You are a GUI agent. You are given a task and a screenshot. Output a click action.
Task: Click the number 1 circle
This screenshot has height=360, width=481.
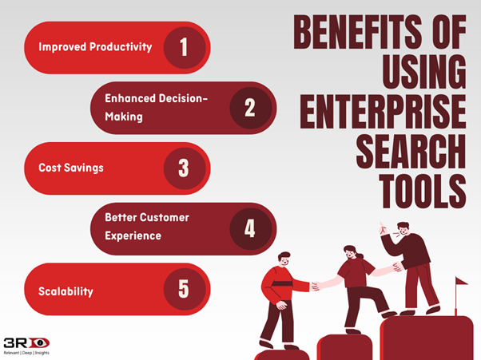(x=185, y=47)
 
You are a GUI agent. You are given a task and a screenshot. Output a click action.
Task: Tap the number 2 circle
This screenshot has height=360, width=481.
(x=251, y=108)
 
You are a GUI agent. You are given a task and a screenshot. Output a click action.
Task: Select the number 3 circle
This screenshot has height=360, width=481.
(x=185, y=168)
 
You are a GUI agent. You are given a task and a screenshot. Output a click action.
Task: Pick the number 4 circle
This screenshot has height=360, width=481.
(x=251, y=228)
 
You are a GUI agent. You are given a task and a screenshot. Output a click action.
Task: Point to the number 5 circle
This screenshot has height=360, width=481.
(x=185, y=289)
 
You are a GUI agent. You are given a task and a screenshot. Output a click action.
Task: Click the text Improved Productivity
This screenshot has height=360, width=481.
(x=95, y=47)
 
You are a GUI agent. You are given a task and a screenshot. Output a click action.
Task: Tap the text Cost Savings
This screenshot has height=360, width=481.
(x=71, y=168)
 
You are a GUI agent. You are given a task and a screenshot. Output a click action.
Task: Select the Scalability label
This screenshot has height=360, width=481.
(x=66, y=291)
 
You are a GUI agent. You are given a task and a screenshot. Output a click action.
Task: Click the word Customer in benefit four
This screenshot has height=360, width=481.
(x=165, y=218)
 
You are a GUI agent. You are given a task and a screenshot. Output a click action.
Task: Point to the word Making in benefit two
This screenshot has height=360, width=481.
(x=124, y=117)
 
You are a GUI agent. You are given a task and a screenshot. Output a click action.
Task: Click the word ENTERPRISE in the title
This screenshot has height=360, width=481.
(x=383, y=112)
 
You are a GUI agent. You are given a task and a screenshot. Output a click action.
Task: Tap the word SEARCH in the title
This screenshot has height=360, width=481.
(x=411, y=152)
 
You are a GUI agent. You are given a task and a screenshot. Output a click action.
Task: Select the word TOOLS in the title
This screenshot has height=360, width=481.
(x=423, y=192)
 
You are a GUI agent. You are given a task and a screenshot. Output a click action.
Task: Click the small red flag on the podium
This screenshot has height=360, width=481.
(x=461, y=281)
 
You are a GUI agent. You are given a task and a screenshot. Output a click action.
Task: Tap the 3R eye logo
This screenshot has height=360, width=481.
(x=26, y=342)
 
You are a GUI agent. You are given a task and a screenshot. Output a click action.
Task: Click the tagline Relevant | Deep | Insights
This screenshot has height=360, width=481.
(x=26, y=353)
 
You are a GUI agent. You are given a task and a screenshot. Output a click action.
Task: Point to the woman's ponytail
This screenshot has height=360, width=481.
(x=360, y=255)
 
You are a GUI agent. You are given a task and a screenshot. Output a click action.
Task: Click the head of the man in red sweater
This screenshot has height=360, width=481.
(x=284, y=259)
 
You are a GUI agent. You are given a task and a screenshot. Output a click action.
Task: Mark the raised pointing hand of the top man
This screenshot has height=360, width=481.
(x=382, y=228)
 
